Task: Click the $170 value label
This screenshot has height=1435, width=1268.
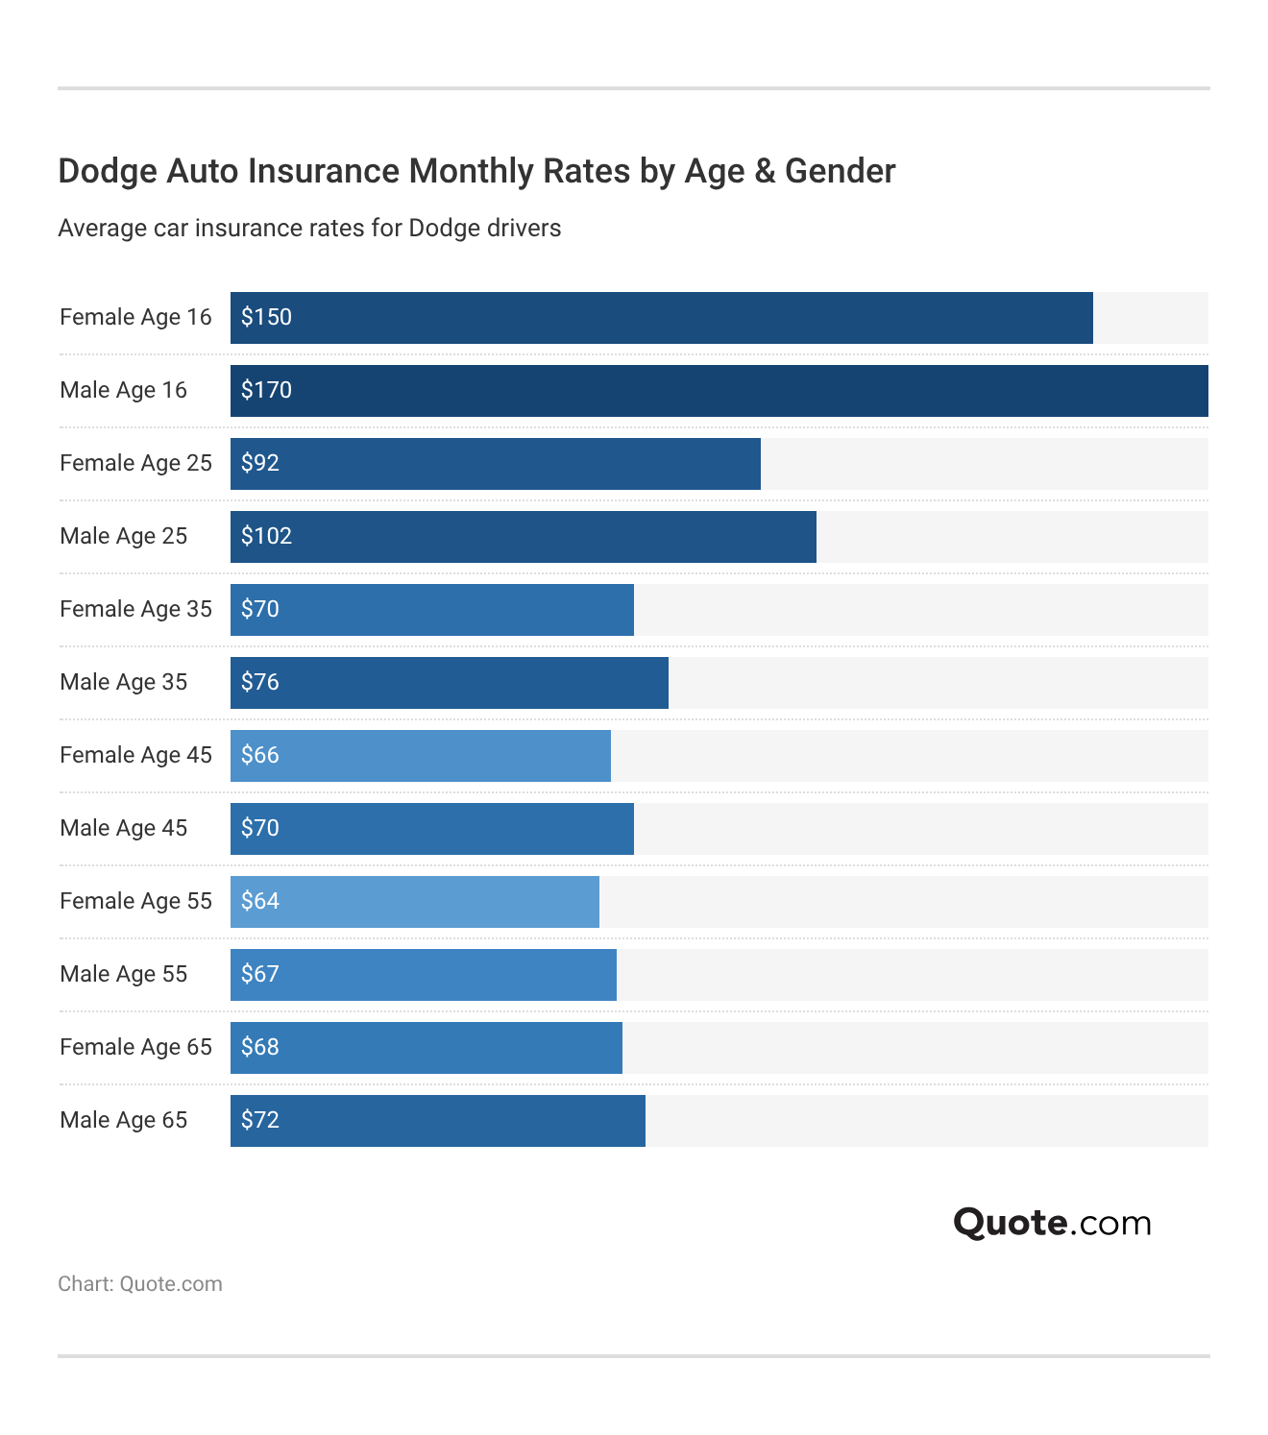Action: (266, 390)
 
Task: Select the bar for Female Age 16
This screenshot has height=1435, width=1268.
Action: (661, 318)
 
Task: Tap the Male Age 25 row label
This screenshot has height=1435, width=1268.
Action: (123, 536)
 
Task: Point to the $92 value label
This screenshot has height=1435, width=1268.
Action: (260, 463)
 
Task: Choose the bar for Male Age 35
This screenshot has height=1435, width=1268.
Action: (449, 683)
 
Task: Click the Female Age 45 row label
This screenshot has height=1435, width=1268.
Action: (135, 755)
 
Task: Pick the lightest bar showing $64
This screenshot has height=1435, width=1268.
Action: (414, 902)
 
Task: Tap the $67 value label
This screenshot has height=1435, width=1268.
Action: (260, 974)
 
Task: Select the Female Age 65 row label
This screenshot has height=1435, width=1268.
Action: (135, 1047)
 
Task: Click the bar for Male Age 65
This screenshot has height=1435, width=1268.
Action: (437, 1121)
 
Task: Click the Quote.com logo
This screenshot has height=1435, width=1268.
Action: (1052, 1223)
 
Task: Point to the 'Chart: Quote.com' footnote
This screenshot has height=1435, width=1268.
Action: (140, 1284)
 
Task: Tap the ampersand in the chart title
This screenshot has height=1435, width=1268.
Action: (765, 171)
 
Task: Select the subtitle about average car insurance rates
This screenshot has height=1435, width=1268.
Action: (309, 229)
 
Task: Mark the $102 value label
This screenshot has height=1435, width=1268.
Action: (266, 536)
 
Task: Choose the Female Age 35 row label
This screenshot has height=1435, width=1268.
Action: (135, 609)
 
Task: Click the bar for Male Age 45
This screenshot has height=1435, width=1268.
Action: (431, 829)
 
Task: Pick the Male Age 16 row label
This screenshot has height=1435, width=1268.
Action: (123, 390)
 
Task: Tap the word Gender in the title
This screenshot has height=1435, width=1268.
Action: (840, 171)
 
